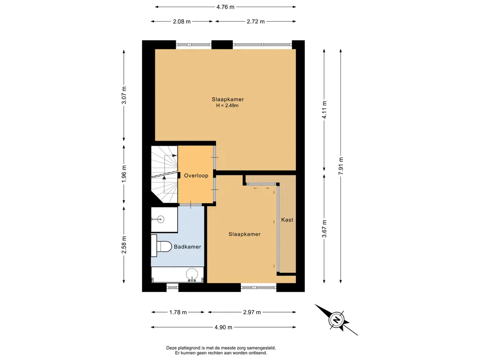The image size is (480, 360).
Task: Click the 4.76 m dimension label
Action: pyautogui.click(x=225, y=7)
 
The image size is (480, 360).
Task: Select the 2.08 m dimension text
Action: pyautogui.click(x=181, y=22)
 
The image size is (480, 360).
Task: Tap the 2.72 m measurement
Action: pyautogui.click(x=255, y=22)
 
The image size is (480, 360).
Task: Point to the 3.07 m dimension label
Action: pyautogui.click(x=124, y=95)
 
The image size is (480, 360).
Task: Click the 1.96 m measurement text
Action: pyautogui.click(x=124, y=174)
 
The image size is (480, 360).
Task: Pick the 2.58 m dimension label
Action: pyautogui.click(x=124, y=245)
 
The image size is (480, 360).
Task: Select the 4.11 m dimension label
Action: pyautogui.click(x=324, y=110)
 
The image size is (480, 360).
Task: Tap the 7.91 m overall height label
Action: pyautogui.click(x=341, y=166)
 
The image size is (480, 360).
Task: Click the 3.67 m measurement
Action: pyautogui.click(x=324, y=229)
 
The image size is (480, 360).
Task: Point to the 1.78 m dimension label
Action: pyautogui.click(x=178, y=312)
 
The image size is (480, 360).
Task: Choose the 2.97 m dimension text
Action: pyautogui.click(x=252, y=312)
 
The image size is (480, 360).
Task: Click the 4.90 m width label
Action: pyautogui.click(x=224, y=327)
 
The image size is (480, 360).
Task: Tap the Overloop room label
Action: pyautogui.click(x=196, y=176)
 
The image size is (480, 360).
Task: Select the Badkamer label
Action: pyautogui.click(x=187, y=247)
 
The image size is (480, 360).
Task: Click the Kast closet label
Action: pyautogui.click(x=287, y=220)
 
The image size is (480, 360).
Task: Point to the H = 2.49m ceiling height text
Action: pyautogui.click(x=227, y=105)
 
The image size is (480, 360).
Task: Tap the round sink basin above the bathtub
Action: pyautogui.click(x=192, y=274)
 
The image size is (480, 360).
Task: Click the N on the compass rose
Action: pyautogui.click(x=337, y=320)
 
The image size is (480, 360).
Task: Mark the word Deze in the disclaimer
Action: pyautogui.click(x=171, y=348)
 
